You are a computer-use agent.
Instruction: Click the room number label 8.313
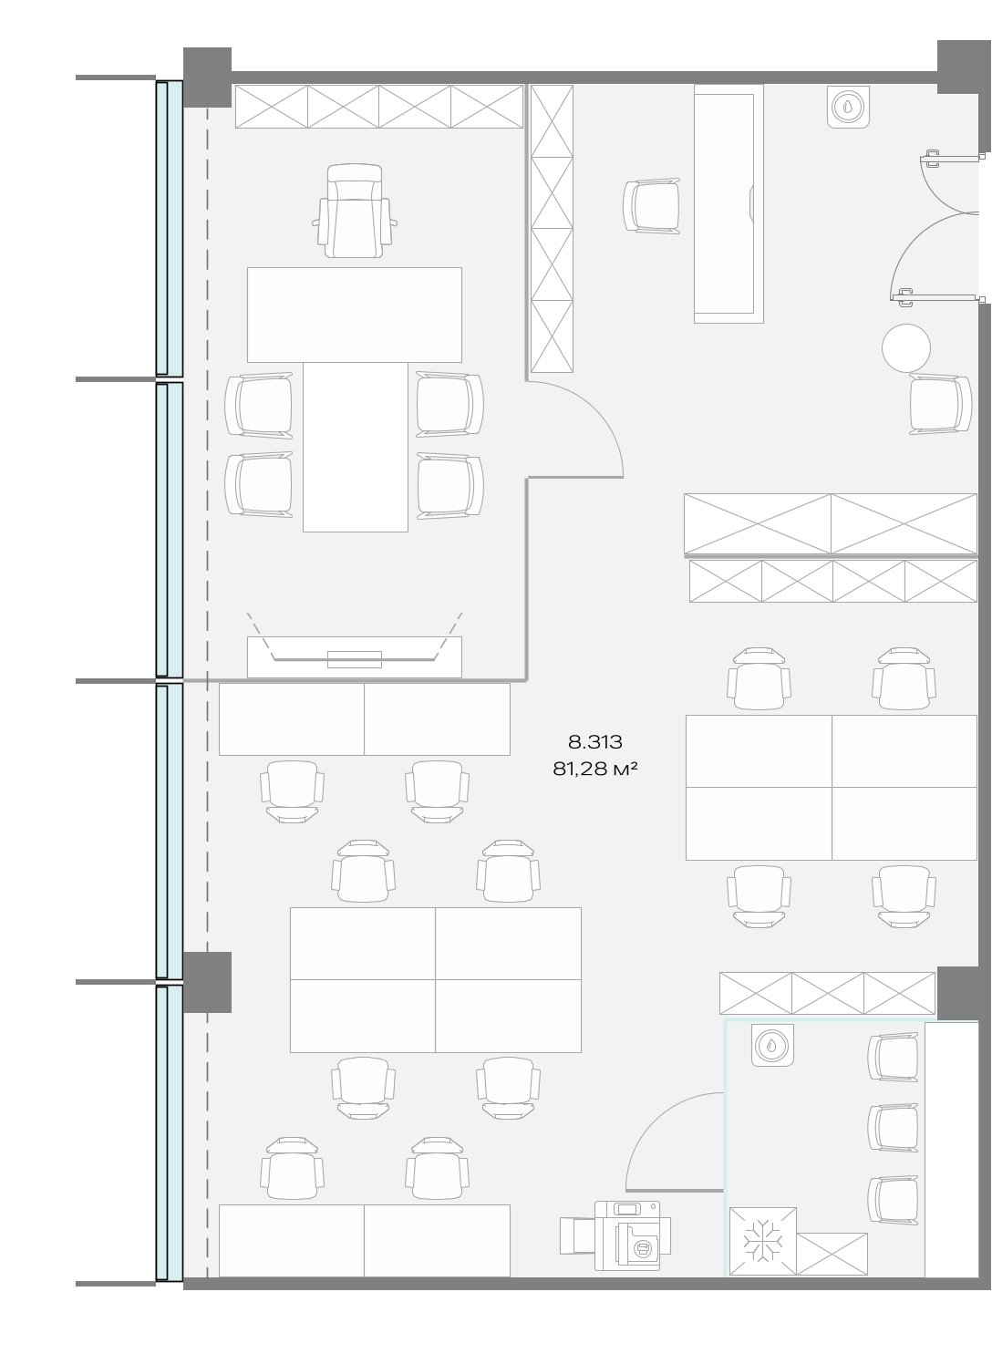(x=595, y=741)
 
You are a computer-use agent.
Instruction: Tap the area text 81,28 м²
(x=594, y=770)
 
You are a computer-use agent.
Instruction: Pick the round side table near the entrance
(x=906, y=348)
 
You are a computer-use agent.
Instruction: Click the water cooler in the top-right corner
(x=848, y=107)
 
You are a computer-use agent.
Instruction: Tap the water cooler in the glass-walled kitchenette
(x=772, y=1045)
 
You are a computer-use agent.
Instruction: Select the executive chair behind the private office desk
(x=355, y=211)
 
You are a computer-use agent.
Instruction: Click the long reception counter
(x=728, y=203)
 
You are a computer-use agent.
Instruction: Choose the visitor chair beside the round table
(x=941, y=404)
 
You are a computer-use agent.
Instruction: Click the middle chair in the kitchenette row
(x=894, y=1128)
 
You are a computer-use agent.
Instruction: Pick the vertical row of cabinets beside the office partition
(x=552, y=228)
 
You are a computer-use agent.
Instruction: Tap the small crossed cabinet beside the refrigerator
(x=832, y=1254)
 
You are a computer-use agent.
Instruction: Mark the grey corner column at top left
(x=207, y=77)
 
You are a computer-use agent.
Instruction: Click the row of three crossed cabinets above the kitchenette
(x=827, y=993)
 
